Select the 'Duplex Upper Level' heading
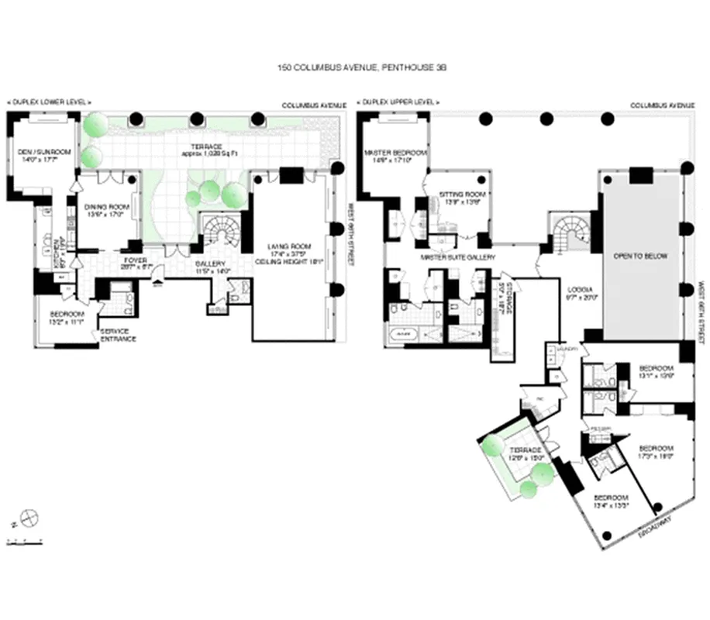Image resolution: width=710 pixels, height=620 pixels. [398, 102]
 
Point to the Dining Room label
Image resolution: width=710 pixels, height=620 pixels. [106, 210]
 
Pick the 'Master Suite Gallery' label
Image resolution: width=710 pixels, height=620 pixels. [458, 257]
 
